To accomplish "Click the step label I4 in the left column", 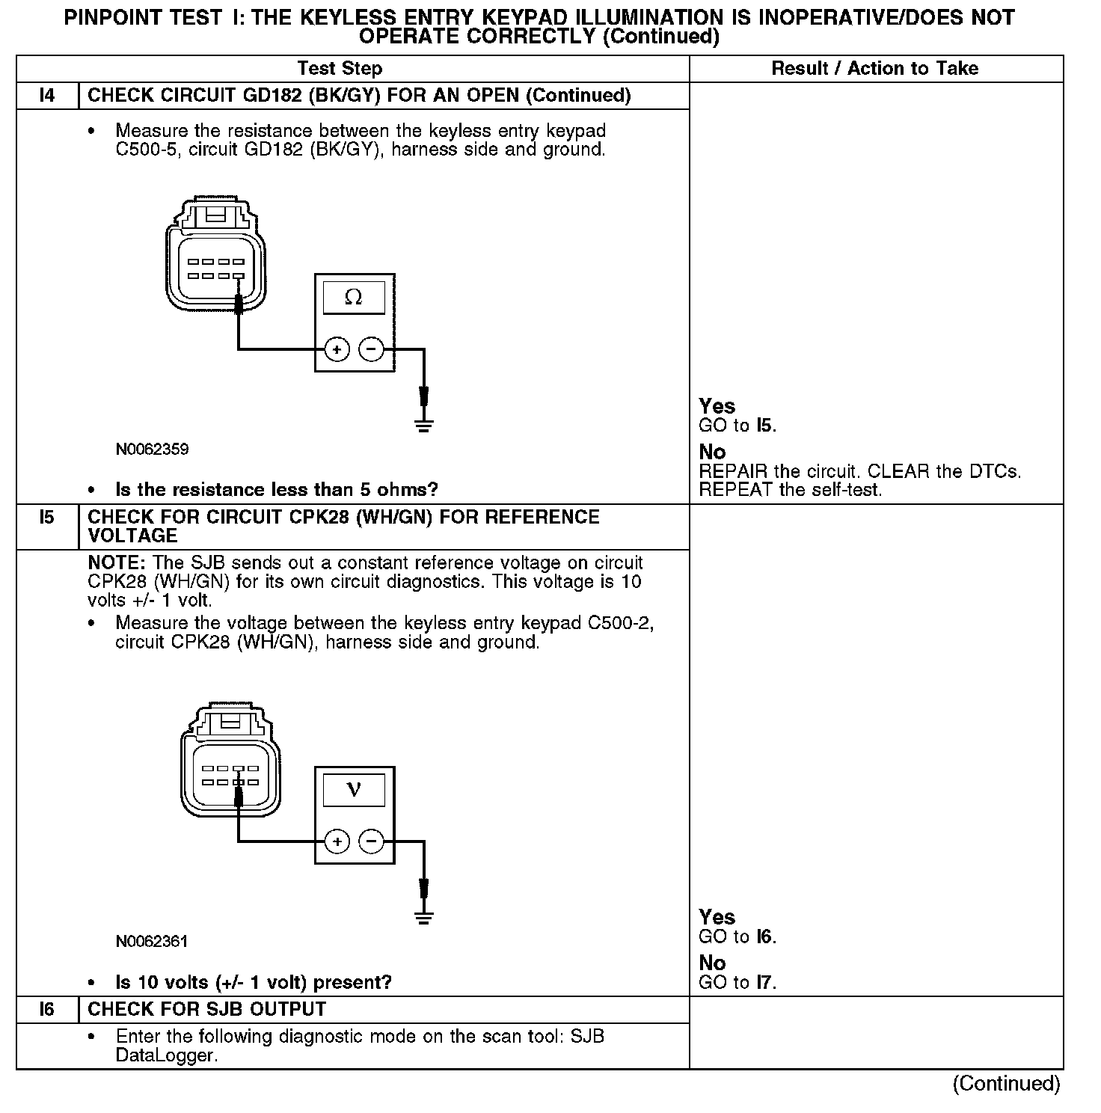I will tap(47, 96).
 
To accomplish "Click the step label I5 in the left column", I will tap(47, 518).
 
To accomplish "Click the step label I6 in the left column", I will tap(47, 1010).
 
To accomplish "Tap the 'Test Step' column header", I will tap(340, 69).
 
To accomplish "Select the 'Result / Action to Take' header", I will tap(874, 69).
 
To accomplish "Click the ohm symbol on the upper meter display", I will tap(354, 298).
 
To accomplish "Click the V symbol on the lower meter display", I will tap(354, 790).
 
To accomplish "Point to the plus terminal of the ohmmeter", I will tap(337, 349).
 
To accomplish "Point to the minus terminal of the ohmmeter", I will tap(371, 349).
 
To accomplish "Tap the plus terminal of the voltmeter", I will tap(337, 841).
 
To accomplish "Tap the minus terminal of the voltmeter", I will tap(371, 841).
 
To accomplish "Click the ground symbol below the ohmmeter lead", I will tap(424, 427).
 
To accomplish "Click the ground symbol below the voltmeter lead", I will tap(424, 919).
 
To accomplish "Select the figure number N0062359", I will tap(152, 450).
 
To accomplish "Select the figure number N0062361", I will tap(152, 942).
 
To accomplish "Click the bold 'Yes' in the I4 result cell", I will tap(717, 406).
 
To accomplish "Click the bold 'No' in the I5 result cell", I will tap(712, 963).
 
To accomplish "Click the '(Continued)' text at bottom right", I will tap(1006, 1084).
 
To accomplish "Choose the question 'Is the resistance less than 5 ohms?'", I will tap(276, 490).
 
